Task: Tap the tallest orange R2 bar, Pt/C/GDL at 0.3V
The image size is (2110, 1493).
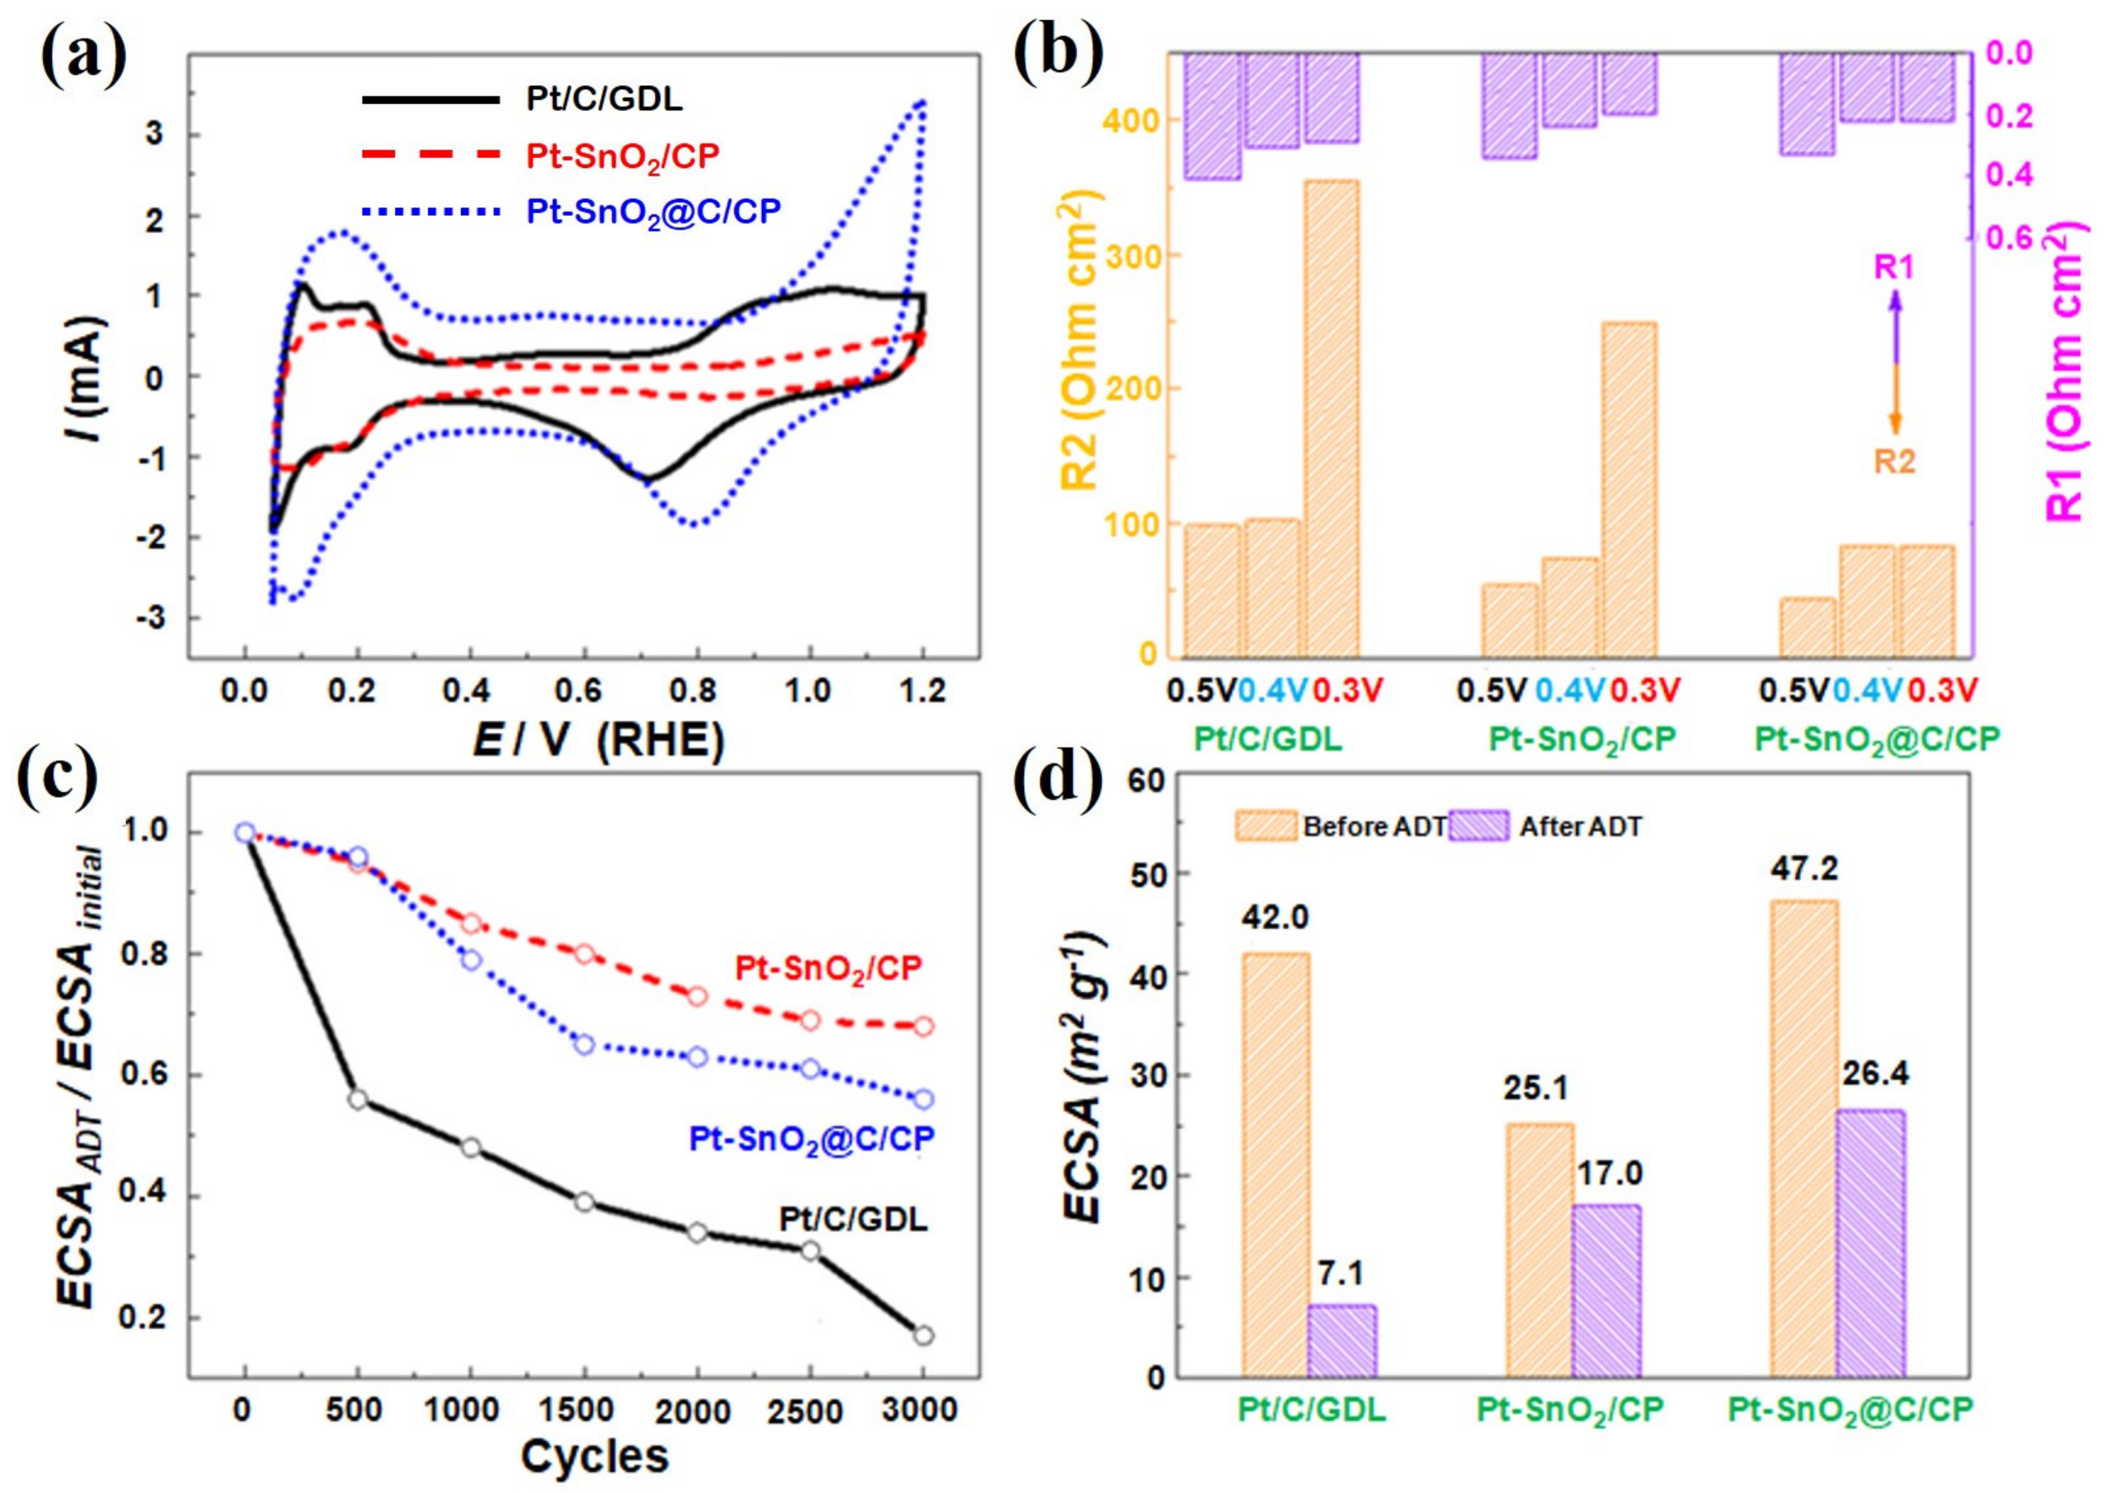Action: pos(1331,419)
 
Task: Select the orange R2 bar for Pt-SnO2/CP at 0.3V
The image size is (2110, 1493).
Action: pos(1629,489)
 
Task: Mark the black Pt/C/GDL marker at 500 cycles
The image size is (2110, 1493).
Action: pos(358,1099)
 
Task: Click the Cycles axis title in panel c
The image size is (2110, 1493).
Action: pos(595,1456)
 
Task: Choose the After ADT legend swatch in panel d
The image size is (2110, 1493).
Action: pos(1478,827)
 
